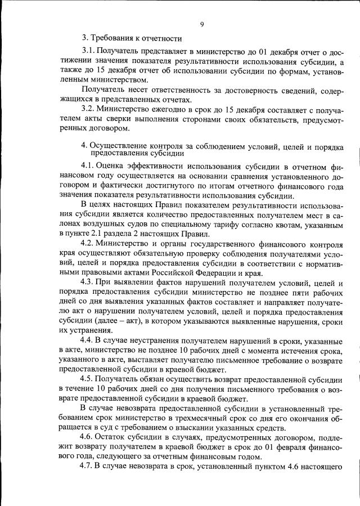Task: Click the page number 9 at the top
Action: coord(201,24)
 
